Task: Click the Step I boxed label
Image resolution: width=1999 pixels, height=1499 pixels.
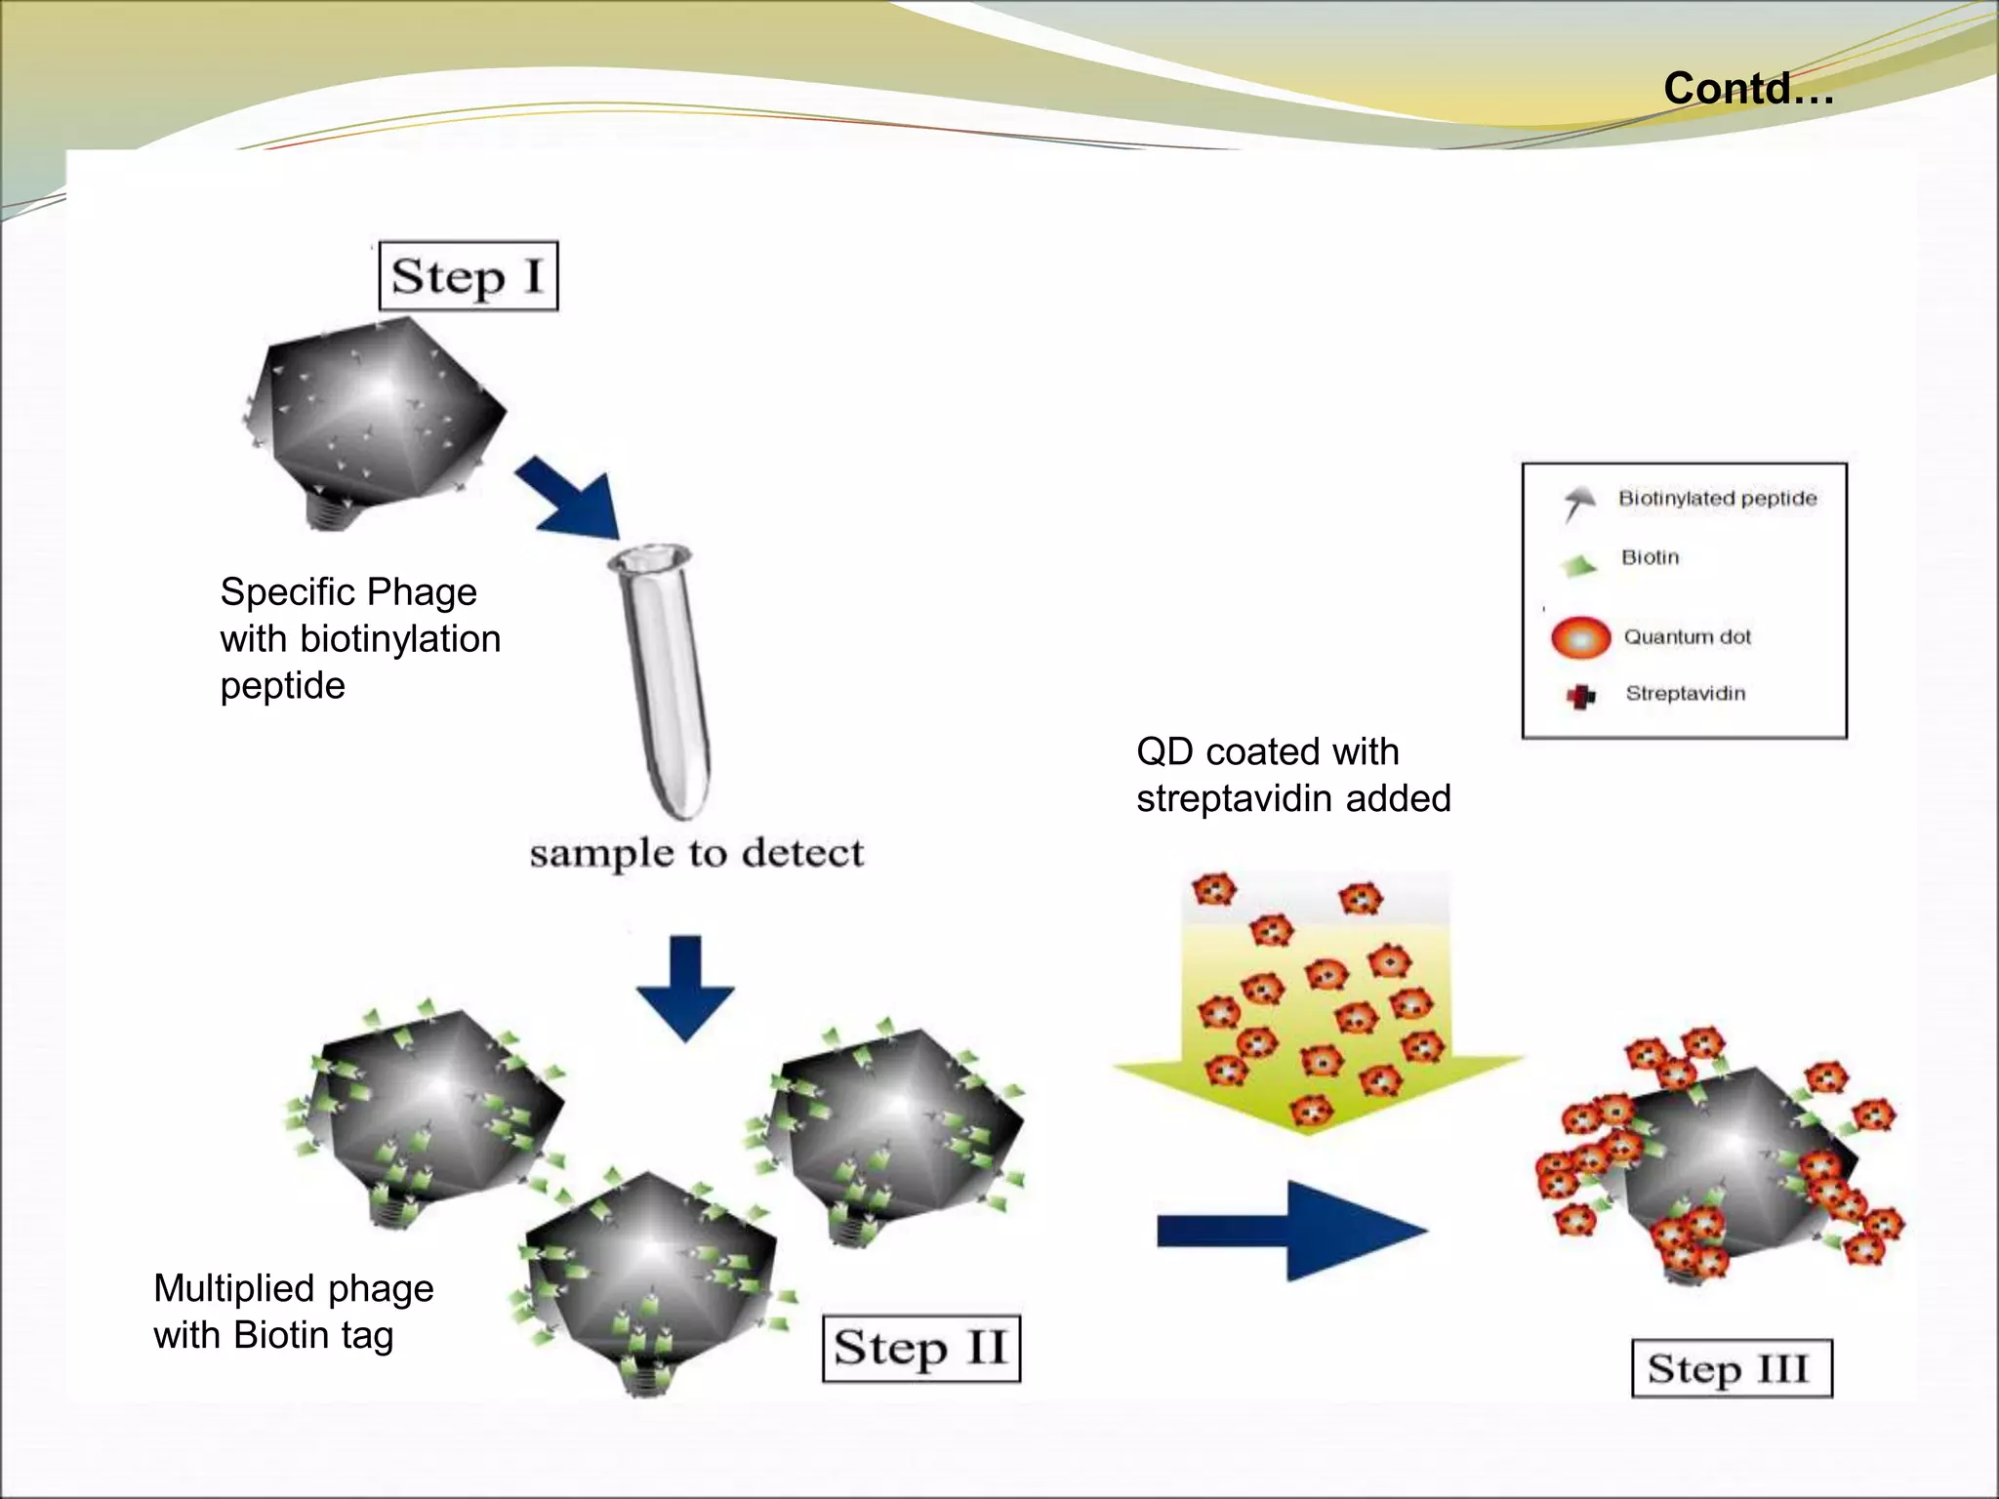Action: [x=468, y=276]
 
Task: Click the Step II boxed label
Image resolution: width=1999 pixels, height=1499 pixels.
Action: [x=920, y=1349]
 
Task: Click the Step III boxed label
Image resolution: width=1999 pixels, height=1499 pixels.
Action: [x=1731, y=1368]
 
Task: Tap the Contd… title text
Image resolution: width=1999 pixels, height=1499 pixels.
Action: [x=1748, y=88]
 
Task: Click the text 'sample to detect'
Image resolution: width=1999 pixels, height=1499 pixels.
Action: [x=696, y=853]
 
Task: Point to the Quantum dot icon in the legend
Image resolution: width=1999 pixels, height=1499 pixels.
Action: [x=1580, y=638]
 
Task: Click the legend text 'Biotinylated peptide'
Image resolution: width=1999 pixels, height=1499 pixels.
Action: [x=1717, y=499]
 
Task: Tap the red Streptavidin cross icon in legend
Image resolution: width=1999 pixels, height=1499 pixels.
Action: [x=1580, y=696]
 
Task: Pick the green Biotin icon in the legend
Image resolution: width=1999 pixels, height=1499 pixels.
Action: [x=1578, y=565]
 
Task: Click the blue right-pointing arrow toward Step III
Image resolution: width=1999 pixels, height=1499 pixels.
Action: [x=1290, y=1231]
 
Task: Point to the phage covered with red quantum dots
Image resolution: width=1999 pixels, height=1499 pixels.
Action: [x=1723, y=1161]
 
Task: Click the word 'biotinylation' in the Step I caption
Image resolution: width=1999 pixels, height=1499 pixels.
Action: [x=400, y=639]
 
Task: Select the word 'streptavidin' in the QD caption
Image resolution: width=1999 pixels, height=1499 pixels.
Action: [x=1234, y=799]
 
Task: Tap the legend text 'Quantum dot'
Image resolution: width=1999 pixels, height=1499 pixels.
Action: [x=1687, y=637]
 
